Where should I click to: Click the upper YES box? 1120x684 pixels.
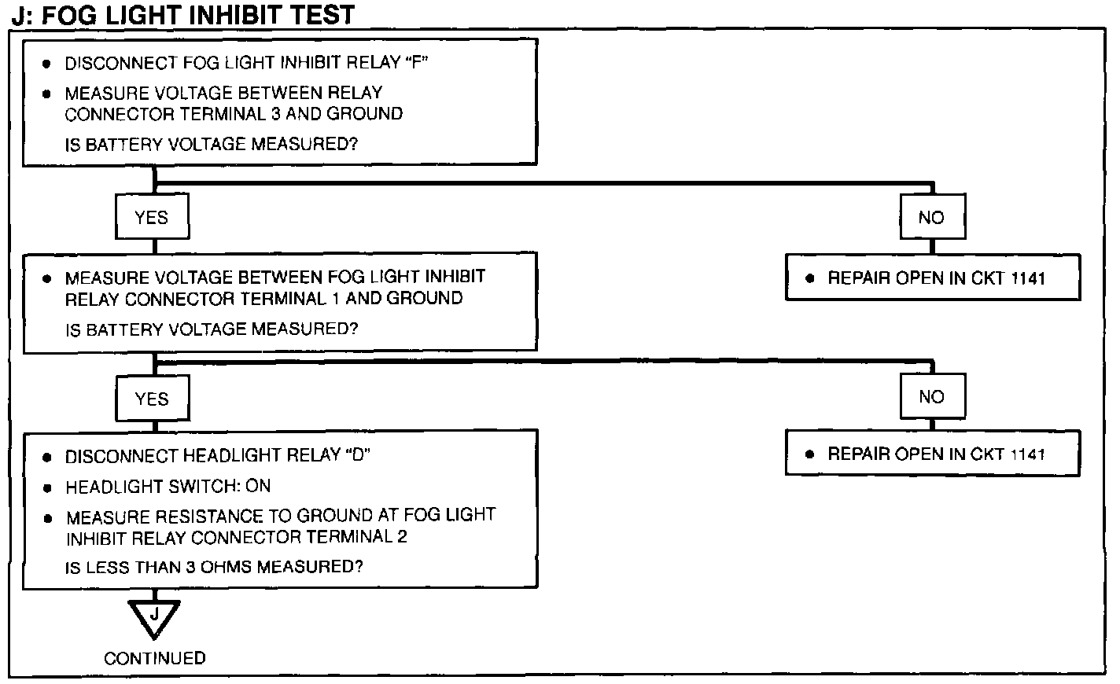(152, 218)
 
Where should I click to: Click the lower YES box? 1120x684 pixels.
(152, 399)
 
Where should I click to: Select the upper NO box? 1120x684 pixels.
(932, 218)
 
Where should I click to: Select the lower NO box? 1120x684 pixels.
(932, 397)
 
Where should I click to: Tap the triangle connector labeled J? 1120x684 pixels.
(154, 615)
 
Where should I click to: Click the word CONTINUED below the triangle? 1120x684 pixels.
(155, 658)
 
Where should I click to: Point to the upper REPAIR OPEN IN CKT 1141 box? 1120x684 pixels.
(932, 278)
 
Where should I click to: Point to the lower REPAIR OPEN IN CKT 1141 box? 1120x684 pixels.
(932, 454)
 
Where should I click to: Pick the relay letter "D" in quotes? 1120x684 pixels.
(358, 456)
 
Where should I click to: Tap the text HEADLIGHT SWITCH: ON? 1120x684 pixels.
(168, 487)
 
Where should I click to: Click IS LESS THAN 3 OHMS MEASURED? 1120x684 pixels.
(214, 567)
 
